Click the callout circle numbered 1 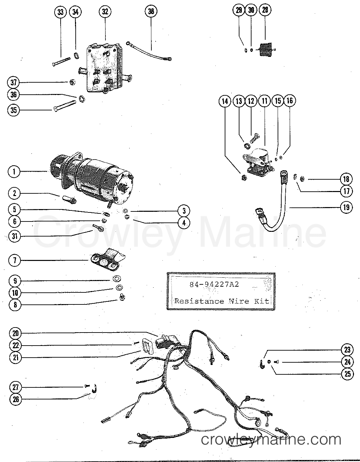(14, 172)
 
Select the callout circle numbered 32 (105, 12)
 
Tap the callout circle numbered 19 (346, 207)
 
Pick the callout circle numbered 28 (265, 10)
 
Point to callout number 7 (14, 260)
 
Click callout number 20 (16, 333)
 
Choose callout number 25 (347, 373)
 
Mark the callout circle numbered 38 (151, 12)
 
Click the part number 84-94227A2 (214, 285)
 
